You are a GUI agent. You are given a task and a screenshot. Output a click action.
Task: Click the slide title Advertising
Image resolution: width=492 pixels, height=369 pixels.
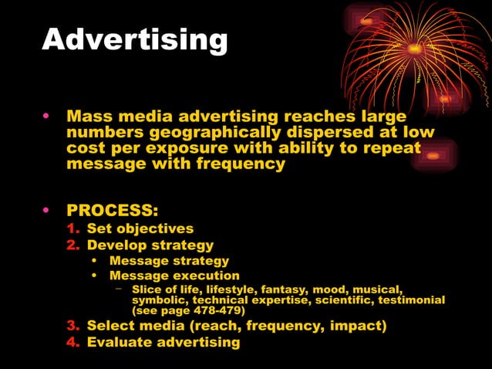(135, 39)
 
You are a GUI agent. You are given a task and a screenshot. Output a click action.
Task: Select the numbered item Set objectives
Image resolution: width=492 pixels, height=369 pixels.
(140, 229)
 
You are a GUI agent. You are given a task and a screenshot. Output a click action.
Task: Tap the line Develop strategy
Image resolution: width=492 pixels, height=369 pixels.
(150, 245)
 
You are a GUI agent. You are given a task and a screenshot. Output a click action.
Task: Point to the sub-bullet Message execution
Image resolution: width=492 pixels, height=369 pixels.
(174, 276)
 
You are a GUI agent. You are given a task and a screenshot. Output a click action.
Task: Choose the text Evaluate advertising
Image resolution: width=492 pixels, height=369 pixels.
(163, 341)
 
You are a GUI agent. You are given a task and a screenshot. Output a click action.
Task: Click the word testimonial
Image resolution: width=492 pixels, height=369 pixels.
(409, 300)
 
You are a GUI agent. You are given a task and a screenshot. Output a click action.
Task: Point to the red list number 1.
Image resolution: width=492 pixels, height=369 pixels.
(72, 229)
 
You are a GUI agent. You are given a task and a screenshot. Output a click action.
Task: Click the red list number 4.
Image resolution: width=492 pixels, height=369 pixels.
(72, 341)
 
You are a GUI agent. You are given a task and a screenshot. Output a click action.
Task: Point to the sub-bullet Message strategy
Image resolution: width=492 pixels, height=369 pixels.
(169, 260)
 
